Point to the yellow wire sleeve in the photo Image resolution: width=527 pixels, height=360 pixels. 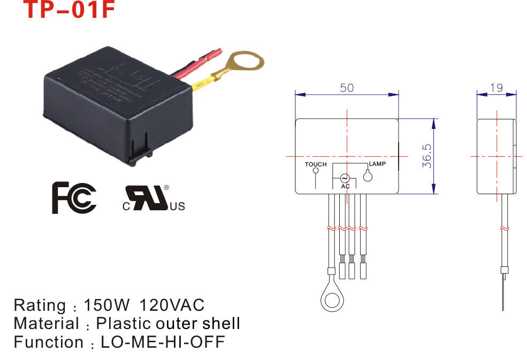pos(202,83)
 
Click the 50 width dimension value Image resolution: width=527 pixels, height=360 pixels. pos(347,88)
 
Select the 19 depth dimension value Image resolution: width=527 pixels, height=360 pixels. pos(497,88)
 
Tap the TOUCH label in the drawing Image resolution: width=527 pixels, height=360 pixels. pos(316,164)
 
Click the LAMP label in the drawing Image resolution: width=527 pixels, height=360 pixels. pos(377,164)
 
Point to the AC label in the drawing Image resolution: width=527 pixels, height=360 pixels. pos(345,186)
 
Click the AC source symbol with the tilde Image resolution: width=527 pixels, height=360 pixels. pos(345,178)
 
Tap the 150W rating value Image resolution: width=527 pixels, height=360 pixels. pos(107,305)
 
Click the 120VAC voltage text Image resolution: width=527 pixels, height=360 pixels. pos(172,305)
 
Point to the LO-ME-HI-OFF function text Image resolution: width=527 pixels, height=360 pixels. pos(161,342)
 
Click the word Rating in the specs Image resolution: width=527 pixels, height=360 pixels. pos(39,305)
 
